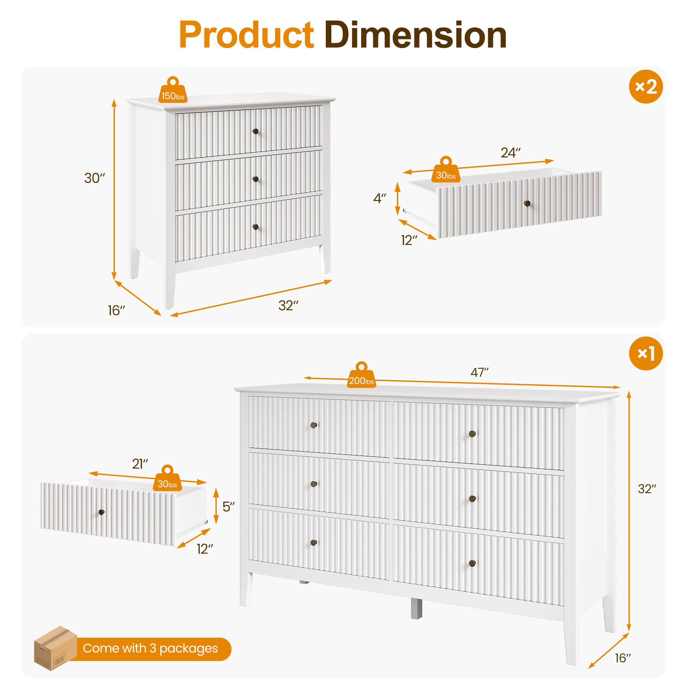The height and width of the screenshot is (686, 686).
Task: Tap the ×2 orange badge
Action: (646, 87)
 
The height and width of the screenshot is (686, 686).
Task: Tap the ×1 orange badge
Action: (646, 353)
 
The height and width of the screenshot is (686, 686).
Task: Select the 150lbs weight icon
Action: (173, 92)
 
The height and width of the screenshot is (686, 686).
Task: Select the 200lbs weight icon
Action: (361, 376)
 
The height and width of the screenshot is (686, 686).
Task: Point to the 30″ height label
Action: (94, 178)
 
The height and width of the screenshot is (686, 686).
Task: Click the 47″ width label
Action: (480, 372)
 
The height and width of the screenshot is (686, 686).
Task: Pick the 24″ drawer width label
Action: (510, 153)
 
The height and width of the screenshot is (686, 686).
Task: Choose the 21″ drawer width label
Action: (140, 464)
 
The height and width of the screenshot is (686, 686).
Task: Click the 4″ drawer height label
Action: (379, 199)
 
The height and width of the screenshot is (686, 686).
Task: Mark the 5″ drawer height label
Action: (229, 507)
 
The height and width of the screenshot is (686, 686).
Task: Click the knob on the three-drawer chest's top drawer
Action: (255, 131)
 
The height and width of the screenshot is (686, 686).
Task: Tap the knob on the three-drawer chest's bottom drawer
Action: (255, 227)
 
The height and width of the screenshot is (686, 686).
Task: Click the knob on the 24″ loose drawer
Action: (527, 203)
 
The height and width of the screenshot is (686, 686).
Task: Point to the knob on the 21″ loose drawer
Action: (102, 512)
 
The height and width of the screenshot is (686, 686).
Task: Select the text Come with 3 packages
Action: (150, 648)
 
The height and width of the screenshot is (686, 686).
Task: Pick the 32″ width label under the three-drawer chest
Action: (288, 306)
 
